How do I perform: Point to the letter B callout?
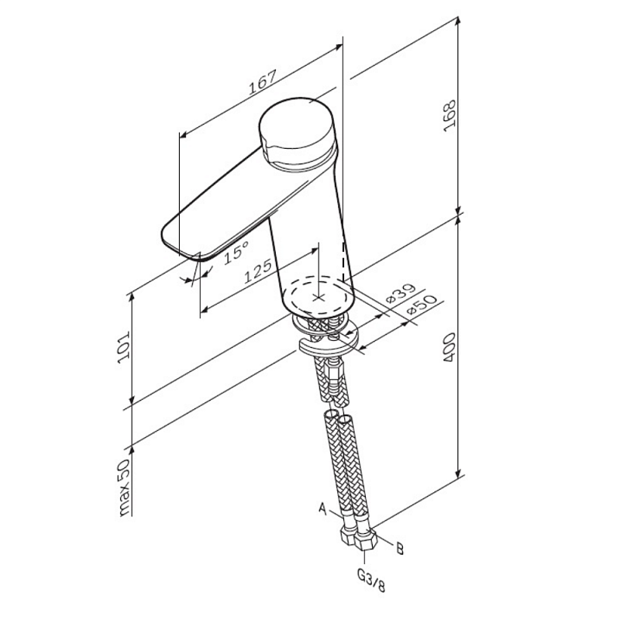pyautogui.click(x=400, y=549)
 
